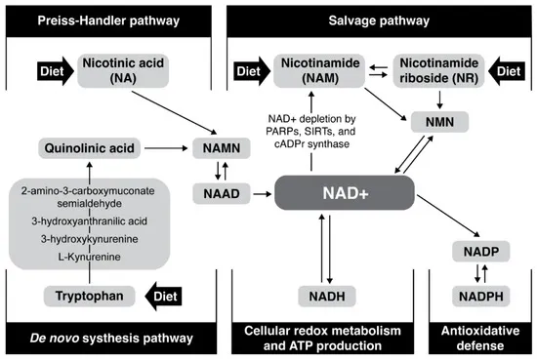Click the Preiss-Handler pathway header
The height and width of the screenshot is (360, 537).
108,19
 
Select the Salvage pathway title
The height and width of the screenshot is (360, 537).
380,19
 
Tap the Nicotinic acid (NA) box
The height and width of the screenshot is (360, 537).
124,69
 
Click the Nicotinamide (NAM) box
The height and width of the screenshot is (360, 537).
311,69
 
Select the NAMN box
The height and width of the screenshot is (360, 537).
219,148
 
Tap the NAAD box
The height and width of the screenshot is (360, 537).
218,193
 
